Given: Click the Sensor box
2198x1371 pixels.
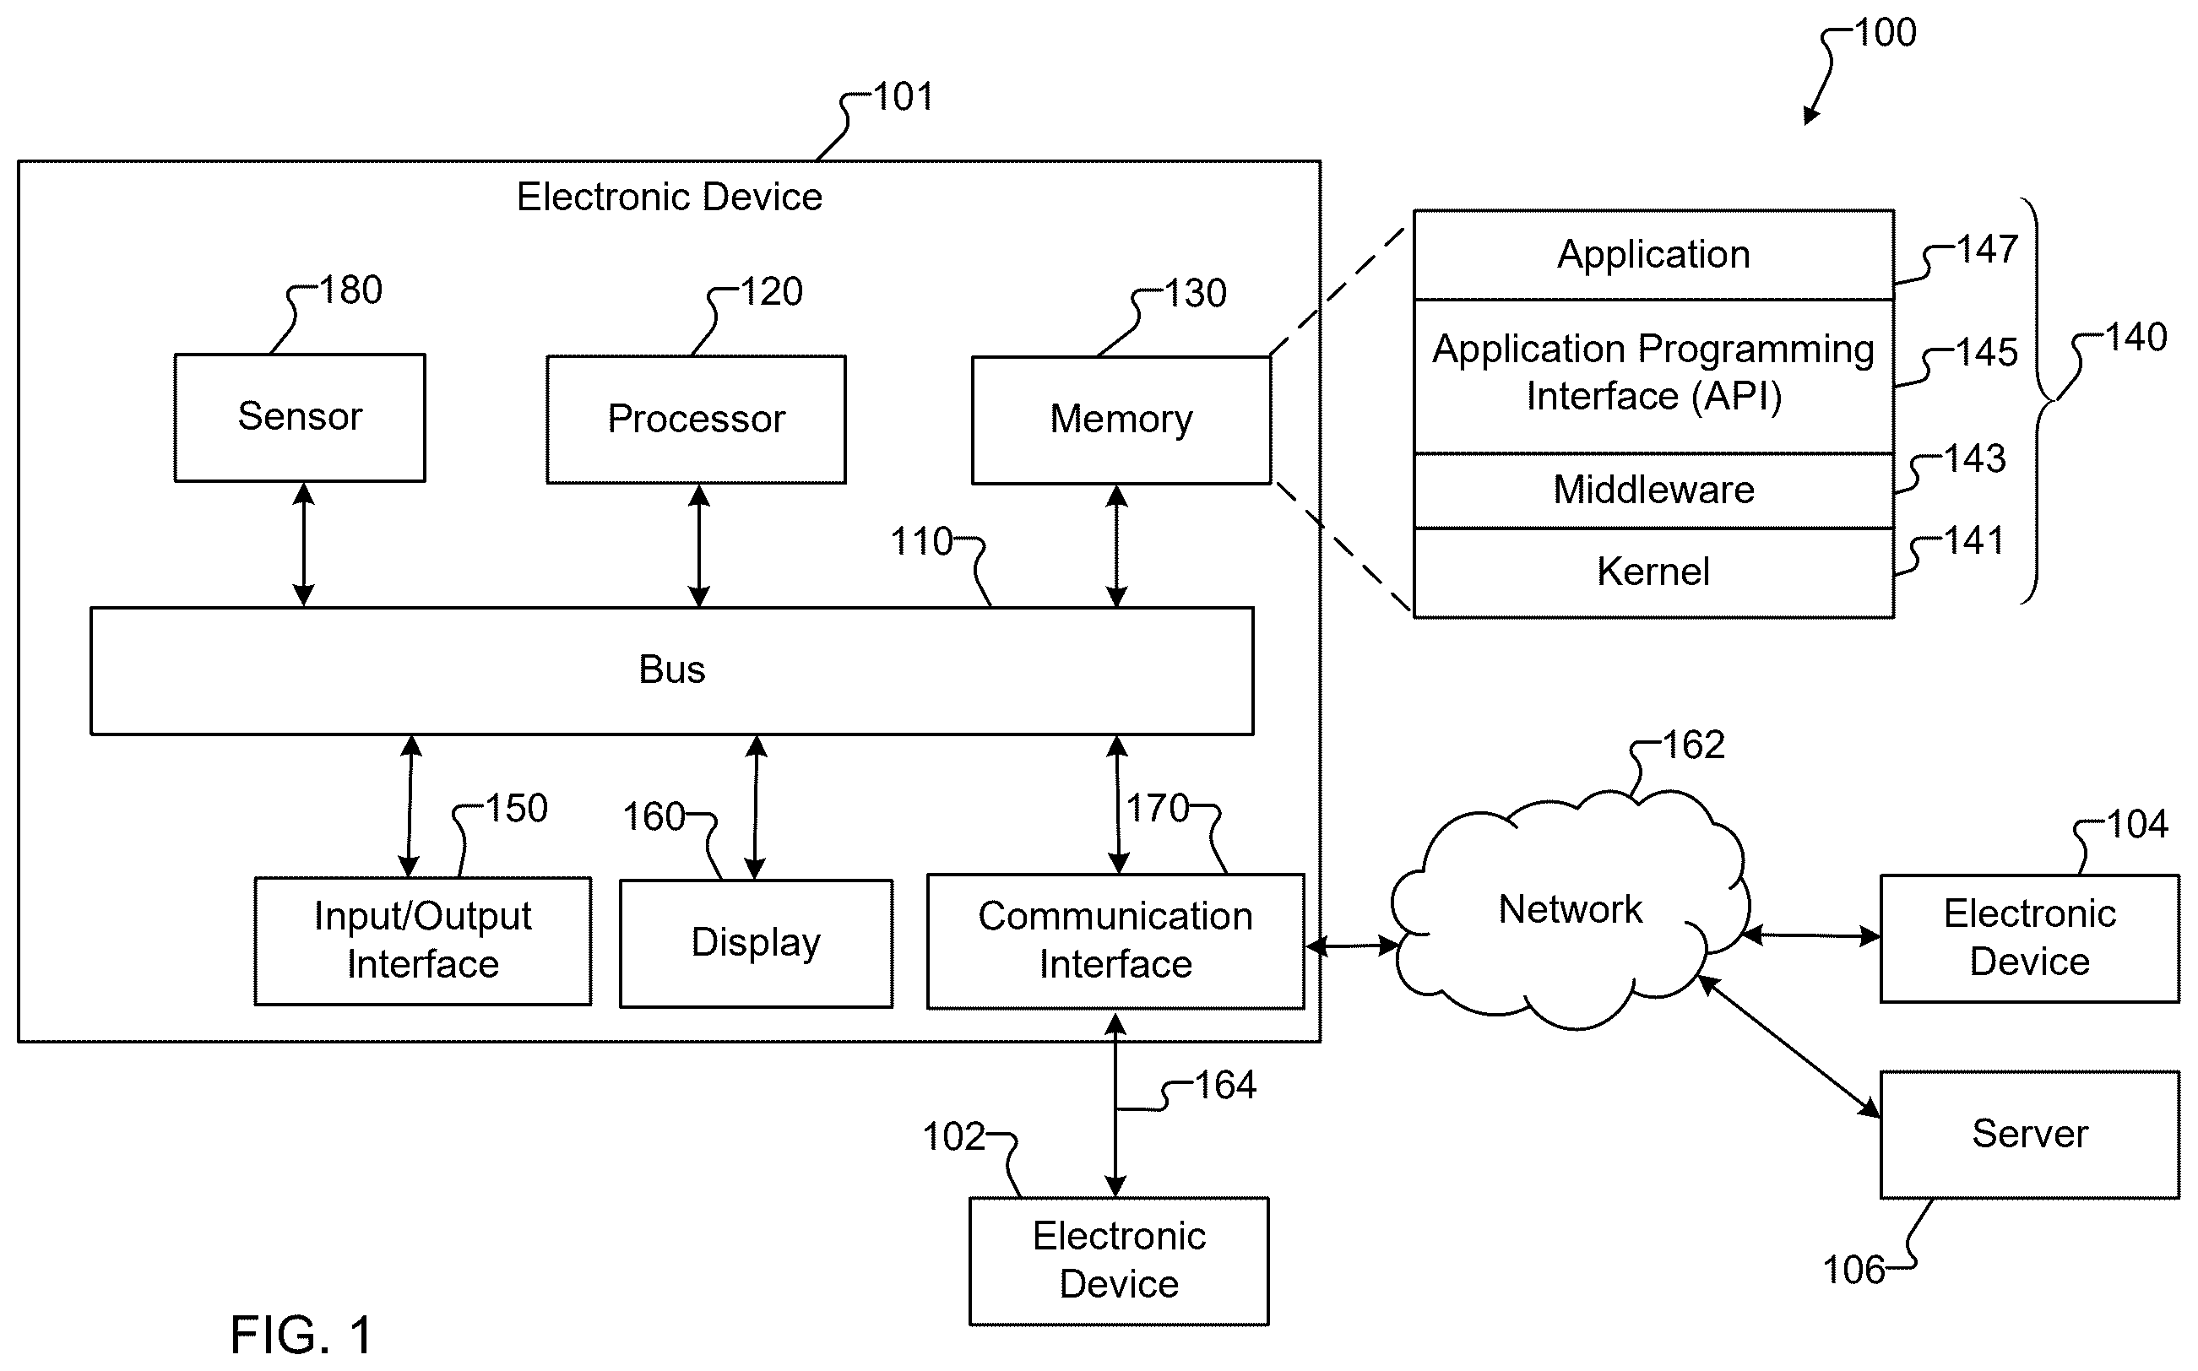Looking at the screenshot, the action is (x=299, y=417).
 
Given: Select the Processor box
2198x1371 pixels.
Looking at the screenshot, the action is (x=697, y=419).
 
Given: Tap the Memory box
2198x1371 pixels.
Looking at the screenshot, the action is (x=1121, y=420).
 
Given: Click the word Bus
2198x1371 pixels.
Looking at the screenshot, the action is (x=672, y=669).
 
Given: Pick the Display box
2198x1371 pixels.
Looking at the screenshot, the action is (x=757, y=943).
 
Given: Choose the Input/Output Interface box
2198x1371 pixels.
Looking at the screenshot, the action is (x=422, y=941).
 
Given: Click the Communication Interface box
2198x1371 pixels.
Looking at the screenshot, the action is (x=1115, y=941).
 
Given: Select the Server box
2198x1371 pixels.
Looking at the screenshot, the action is (x=2029, y=1135).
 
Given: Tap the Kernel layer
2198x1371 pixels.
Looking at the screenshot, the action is (x=1654, y=573).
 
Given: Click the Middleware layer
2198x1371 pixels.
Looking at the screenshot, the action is (x=1654, y=490).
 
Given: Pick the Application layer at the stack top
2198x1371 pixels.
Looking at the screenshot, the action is (x=1654, y=255).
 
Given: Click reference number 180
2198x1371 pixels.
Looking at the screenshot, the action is (x=351, y=290).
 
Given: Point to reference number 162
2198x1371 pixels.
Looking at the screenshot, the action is (x=1694, y=745).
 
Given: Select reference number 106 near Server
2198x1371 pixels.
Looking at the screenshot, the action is (x=1854, y=1271).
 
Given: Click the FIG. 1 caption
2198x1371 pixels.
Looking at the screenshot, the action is (x=301, y=1335).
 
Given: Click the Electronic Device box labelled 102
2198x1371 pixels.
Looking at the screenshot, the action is (x=1119, y=1261).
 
